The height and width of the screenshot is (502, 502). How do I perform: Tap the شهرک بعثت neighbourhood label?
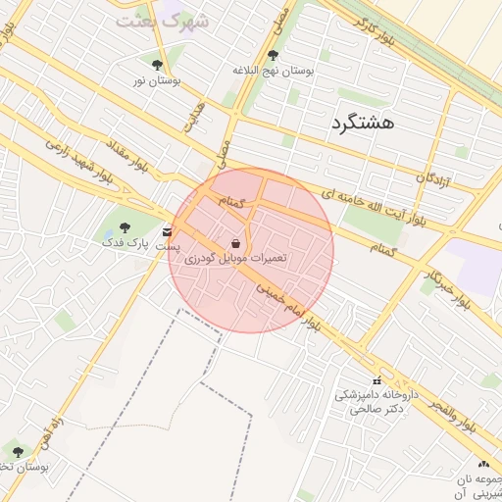coord(162,19)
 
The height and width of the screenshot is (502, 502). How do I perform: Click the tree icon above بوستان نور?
coord(157,65)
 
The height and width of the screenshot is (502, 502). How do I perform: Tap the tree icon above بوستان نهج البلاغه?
coord(273,55)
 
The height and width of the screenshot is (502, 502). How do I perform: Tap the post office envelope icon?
coord(169,231)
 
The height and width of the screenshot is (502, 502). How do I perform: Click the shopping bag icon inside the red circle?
coord(235,242)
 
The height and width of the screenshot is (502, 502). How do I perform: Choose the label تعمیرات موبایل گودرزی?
coord(236,258)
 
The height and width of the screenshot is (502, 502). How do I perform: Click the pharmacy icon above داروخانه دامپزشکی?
coord(376,380)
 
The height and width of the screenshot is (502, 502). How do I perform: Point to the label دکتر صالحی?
coord(376,409)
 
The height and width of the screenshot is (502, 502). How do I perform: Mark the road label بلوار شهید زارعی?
coord(75,158)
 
